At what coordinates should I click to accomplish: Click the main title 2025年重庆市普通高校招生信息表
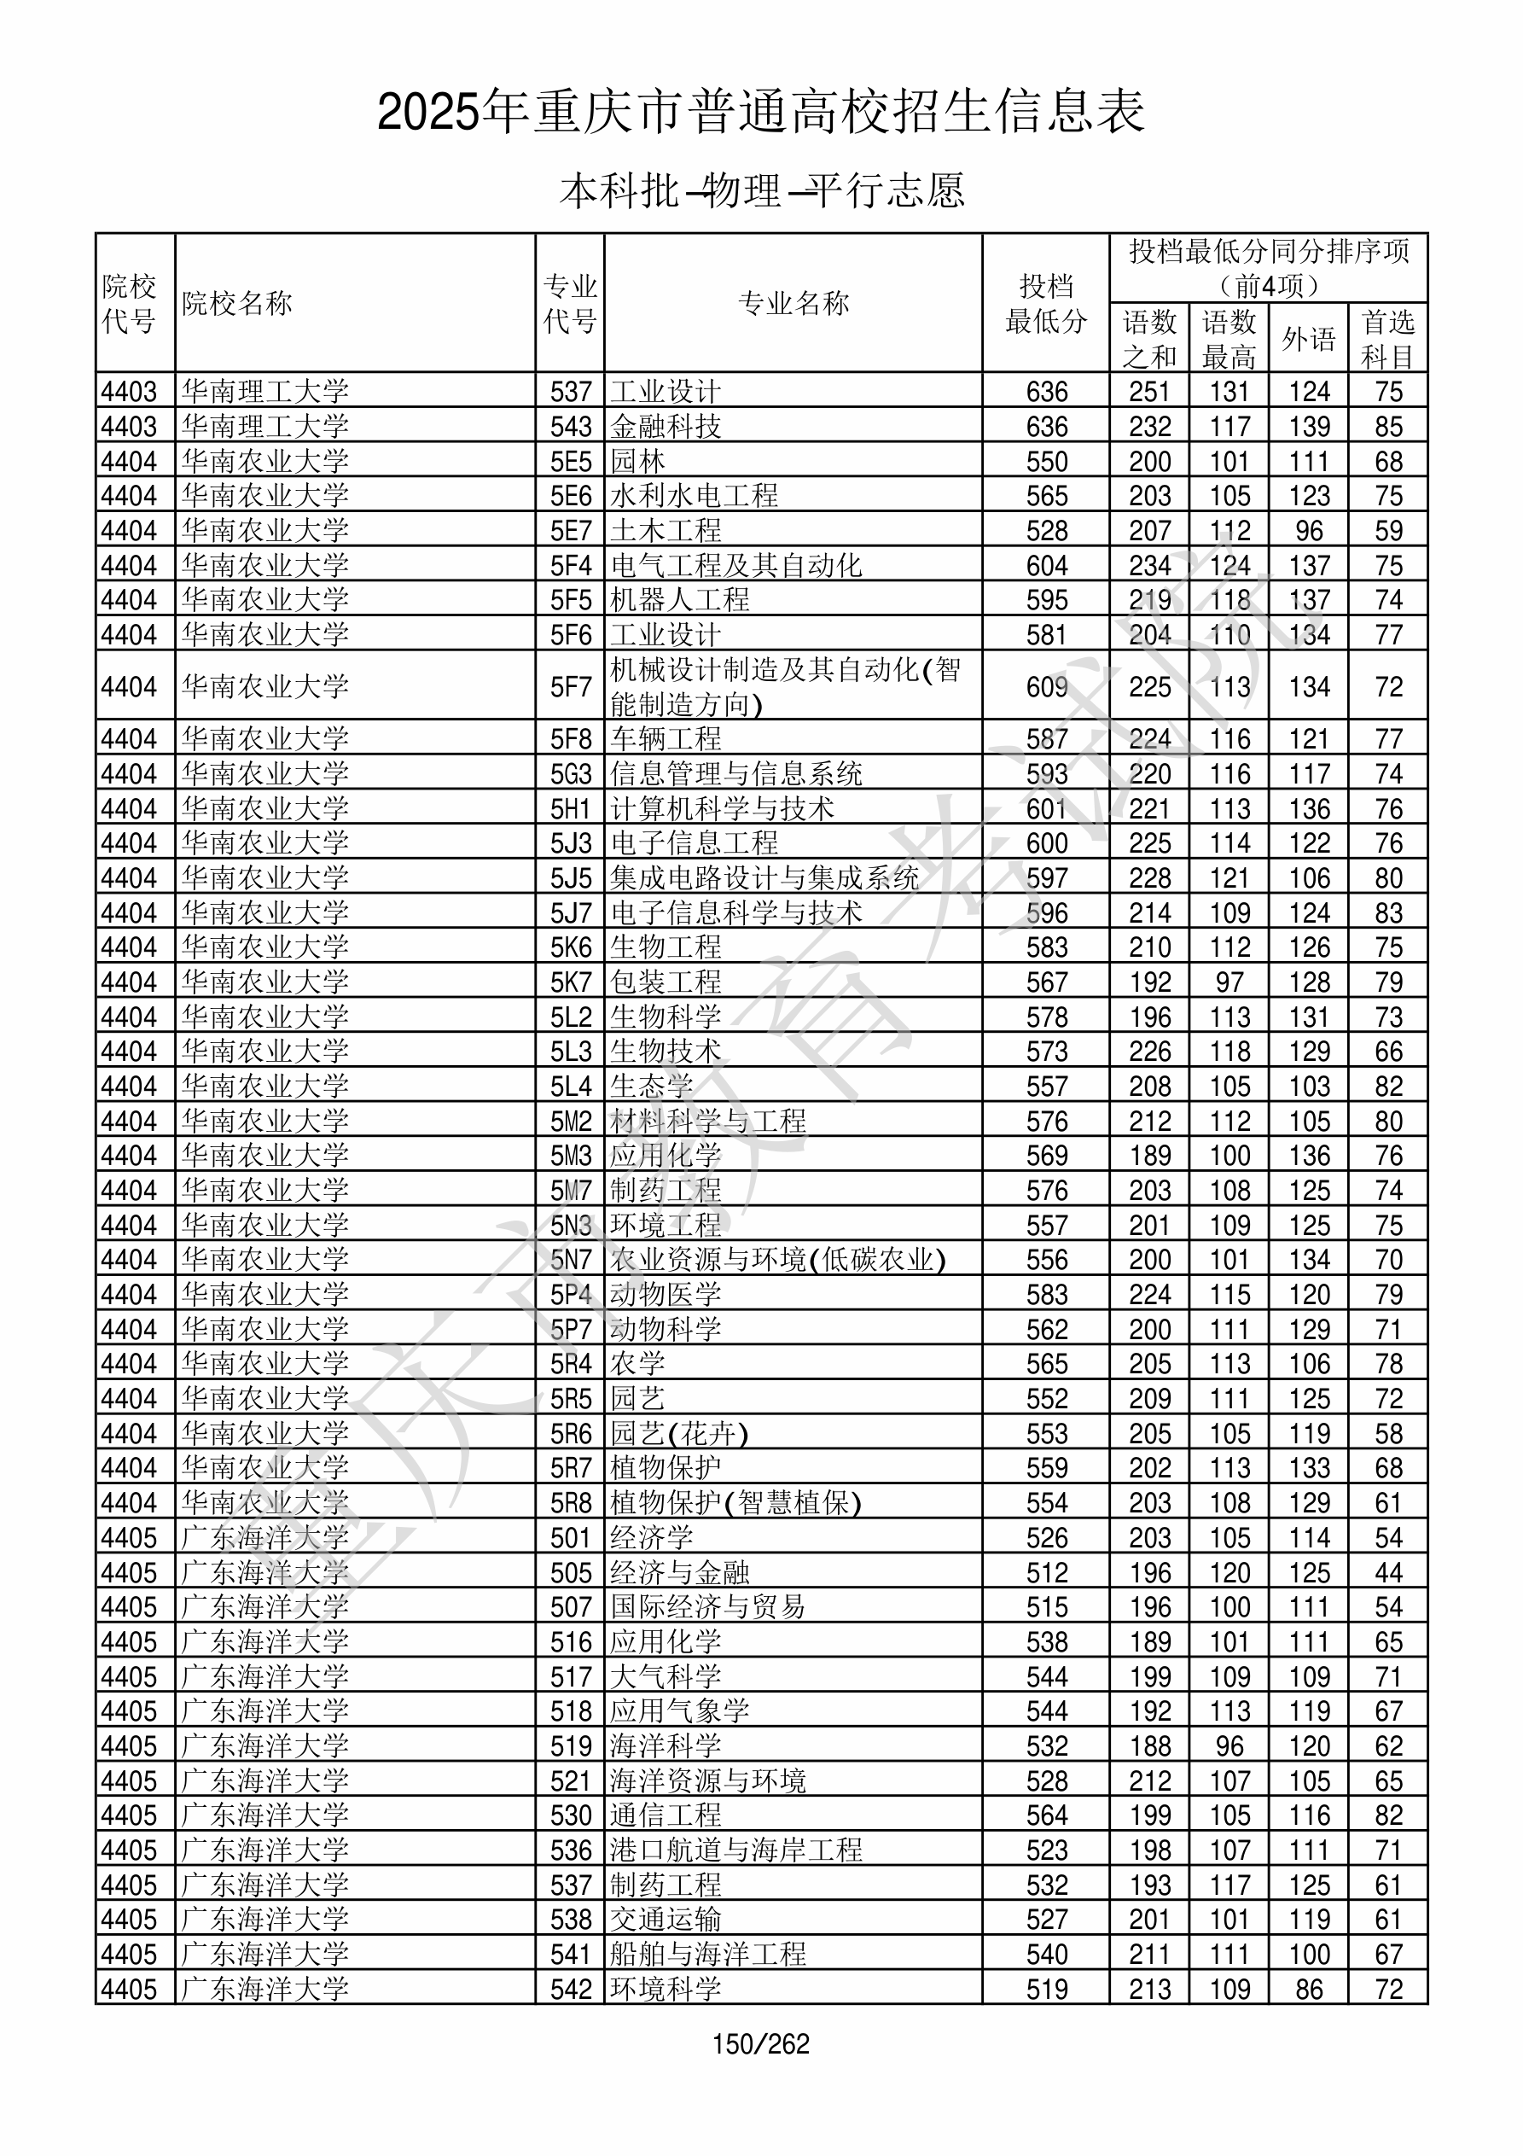pyautogui.click(x=760, y=113)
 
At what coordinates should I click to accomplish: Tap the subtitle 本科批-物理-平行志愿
pyautogui.click(x=760, y=190)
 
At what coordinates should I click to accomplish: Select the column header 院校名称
pyautogui.click(x=236, y=303)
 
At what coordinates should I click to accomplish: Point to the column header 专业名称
pyautogui.click(x=793, y=303)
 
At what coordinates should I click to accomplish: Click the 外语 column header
pyautogui.click(x=1308, y=339)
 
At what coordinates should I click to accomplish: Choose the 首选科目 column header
pyautogui.click(x=1388, y=339)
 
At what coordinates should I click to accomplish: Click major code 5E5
pyautogui.click(x=571, y=461)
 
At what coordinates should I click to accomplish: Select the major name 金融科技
pyautogui.click(x=666, y=426)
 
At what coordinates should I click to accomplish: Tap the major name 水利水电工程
pyautogui.click(x=694, y=496)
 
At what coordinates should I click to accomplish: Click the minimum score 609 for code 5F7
pyautogui.click(x=1046, y=686)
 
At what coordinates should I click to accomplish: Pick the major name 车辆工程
pyautogui.click(x=666, y=739)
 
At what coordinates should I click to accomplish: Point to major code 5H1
pyautogui.click(x=571, y=808)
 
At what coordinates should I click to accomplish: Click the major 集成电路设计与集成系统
pyautogui.click(x=764, y=878)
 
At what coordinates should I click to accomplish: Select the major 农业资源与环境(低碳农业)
pyautogui.click(x=777, y=1259)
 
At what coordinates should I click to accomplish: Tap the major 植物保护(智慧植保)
pyautogui.click(x=735, y=1502)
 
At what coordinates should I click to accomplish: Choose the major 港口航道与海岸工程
pyautogui.click(x=735, y=1850)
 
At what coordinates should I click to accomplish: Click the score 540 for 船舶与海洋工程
pyautogui.click(x=1046, y=1954)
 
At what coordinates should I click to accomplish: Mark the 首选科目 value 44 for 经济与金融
pyautogui.click(x=1388, y=1572)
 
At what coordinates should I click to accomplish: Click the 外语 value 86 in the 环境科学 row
pyautogui.click(x=1308, y=1989)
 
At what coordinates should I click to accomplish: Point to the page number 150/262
pyautogui.click(x=760, y=2043)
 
